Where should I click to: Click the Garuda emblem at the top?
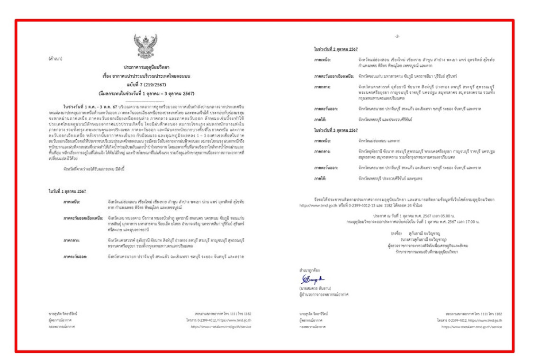pos(145,45)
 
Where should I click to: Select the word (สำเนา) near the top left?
pos(55,59)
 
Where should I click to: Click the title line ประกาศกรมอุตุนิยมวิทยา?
pos(146,68)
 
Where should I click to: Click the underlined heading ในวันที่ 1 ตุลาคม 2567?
pos(67,191)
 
